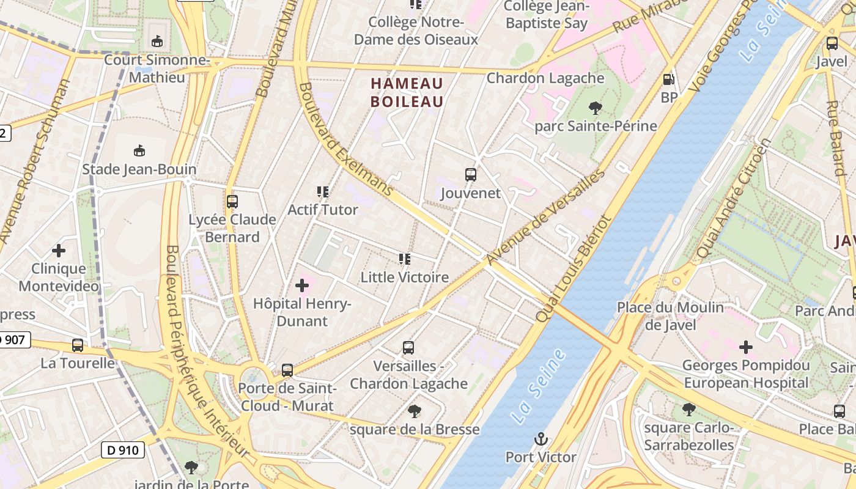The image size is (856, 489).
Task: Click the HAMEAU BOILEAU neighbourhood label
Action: [x=407, y=92]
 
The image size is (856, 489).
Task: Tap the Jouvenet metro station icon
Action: [x=470, y=175]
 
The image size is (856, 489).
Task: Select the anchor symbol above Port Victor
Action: [x=541, y=439]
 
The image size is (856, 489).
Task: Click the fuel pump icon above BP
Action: [x=669, y=79]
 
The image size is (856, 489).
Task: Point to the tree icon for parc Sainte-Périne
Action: [x=595, y=109]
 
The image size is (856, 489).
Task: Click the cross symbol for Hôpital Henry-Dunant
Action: [x=302, y=285]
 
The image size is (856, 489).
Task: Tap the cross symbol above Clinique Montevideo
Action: [x=59, y=251]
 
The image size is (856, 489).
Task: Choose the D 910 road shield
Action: [x=122, y=450]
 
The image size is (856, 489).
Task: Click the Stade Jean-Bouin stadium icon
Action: [x=139, y=151]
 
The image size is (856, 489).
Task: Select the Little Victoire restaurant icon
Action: [x=404, y=259]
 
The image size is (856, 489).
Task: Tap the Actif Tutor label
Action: [x=323, y=210]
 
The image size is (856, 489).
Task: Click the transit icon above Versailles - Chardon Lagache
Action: [x=408, y=348]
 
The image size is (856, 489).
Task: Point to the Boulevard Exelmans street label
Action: [x=345, y=139]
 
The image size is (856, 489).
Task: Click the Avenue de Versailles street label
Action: [x=545, y=217]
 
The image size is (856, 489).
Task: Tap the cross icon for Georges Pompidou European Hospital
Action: [x=746, y=348]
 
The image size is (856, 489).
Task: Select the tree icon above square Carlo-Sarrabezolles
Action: [x=688, y=410]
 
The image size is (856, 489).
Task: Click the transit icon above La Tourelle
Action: [x=78, y=345]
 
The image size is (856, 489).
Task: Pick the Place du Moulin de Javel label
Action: [x=670, y=316]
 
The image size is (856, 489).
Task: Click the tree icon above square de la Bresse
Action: [x=415, y=411]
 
